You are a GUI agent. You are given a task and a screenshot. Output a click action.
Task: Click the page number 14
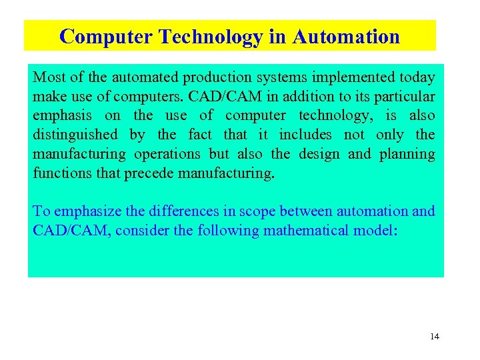435,337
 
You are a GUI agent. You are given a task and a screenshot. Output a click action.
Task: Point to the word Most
48,78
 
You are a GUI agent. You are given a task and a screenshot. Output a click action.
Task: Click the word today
418,78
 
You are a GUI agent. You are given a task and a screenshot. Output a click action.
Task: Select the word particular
406,97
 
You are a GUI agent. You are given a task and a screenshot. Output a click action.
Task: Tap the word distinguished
75,135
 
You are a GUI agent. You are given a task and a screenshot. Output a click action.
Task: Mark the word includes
304,135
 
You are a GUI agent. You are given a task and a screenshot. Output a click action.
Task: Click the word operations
167,155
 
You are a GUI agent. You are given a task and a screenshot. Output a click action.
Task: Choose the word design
319,155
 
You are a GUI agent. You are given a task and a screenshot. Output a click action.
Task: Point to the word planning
407,155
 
